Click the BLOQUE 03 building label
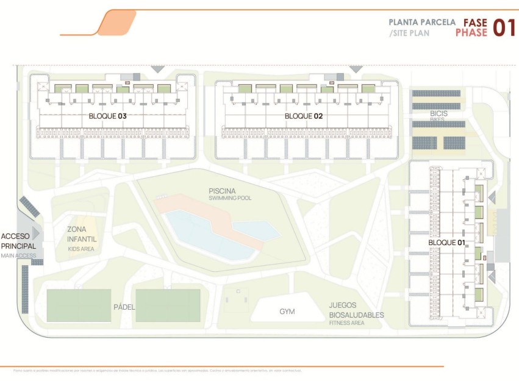coord(107,116)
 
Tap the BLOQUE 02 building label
coord(304,116)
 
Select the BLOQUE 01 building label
coord(446,243)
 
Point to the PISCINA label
coord(222,191)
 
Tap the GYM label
coord(287,312)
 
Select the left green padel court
coord(79,305)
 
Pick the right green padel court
coord(168,305)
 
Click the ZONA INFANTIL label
coord(81,234)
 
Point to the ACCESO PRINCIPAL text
coord(19,241)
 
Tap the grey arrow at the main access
coord(36,233)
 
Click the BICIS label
coord(438,113)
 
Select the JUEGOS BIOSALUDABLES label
coord(356,310)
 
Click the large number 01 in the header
coord(504,27)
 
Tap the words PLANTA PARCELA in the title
coord(422,22)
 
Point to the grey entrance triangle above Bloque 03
coord(157,69)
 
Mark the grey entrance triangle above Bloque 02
coord(356,69)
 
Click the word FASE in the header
coord(474,22)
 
